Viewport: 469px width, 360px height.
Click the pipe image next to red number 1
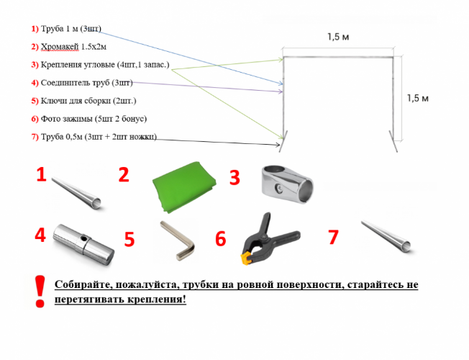point(78,189)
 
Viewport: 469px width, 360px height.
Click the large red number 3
point(234,178)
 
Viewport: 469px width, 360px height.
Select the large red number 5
point(129,239)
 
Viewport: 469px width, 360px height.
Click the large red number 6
point(220,239)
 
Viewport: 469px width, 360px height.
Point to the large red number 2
point(124,175)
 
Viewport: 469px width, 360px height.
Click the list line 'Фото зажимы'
point(89,119)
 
